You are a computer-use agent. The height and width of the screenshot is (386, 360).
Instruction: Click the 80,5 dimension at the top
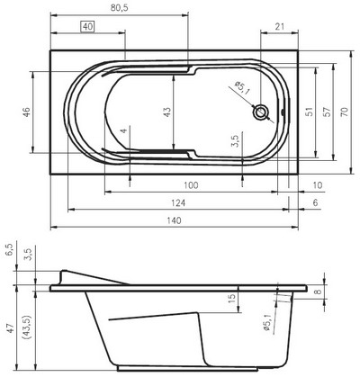(120, 8)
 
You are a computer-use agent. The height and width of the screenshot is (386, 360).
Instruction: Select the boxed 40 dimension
(87, 27)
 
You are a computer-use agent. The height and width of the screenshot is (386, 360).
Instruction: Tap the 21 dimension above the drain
(280, 26)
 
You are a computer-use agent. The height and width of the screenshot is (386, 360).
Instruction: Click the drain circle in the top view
(261, 112)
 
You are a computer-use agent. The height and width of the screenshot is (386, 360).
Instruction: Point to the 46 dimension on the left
(27, 112)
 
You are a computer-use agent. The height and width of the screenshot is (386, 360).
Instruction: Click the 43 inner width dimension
(167, 112)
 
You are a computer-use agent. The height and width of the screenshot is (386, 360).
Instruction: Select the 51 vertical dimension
(310, 112)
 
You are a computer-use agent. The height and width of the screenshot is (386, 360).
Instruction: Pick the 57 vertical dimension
(328, 112)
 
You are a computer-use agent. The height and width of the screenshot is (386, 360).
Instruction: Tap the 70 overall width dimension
(345, 112)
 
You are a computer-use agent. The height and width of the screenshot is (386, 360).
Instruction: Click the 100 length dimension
(191, 185)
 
